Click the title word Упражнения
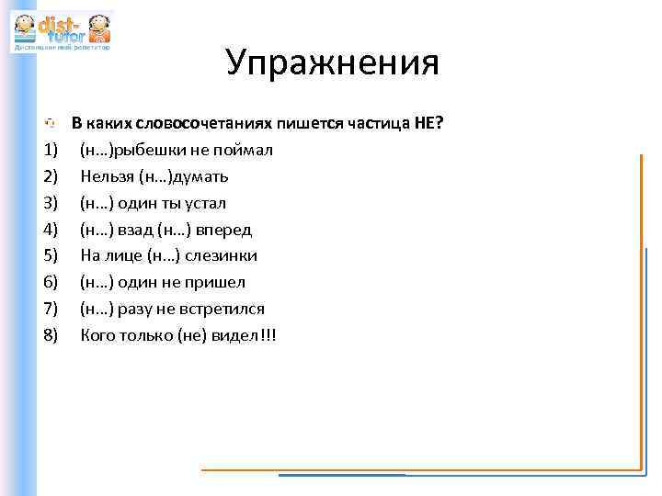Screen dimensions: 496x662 point(332,62)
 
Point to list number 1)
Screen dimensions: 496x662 point(50,150)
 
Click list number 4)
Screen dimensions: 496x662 point(50,229)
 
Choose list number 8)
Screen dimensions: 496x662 point(50,335)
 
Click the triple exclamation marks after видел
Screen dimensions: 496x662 point(268,335)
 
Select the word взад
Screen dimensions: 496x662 point(134,229)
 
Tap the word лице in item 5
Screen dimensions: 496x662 point(124,255)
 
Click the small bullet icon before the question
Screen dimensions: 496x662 point(51,123)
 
